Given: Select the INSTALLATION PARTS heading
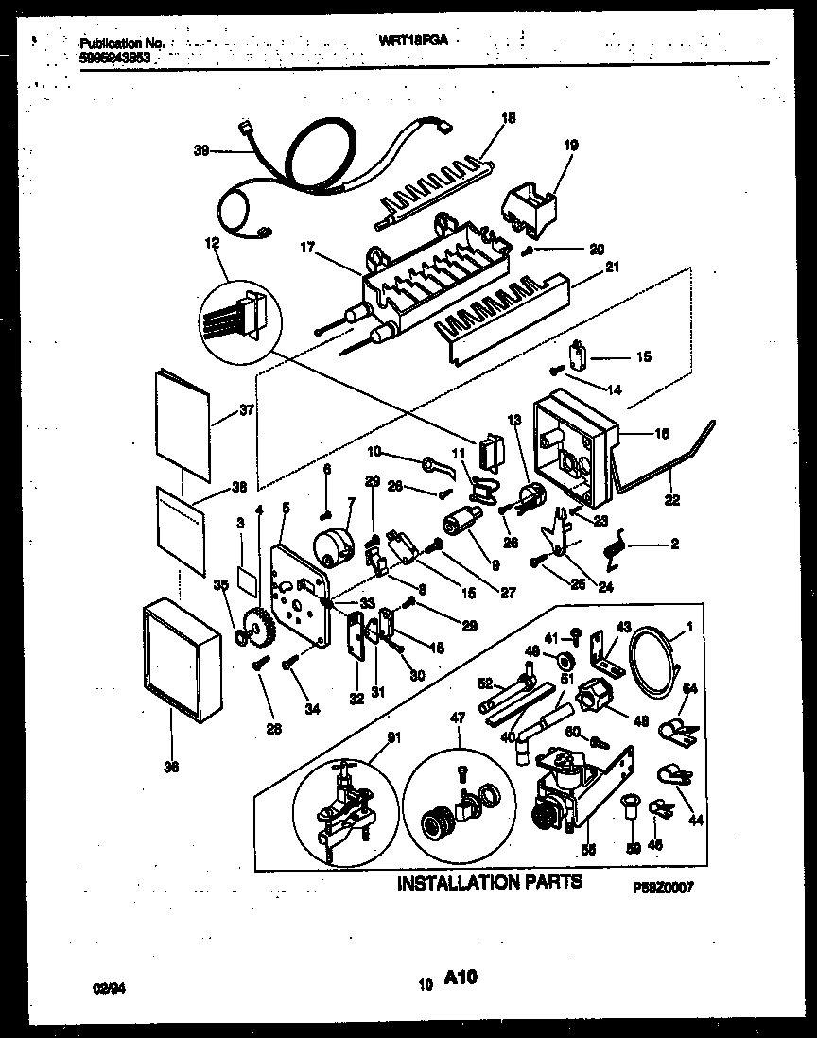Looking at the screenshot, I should [x=489, y=883].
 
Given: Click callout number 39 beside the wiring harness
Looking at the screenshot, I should [x=200, y=149].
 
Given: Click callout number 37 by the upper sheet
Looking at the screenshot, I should [x=248, y=410].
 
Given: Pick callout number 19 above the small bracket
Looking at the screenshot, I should [x=570, y=145].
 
